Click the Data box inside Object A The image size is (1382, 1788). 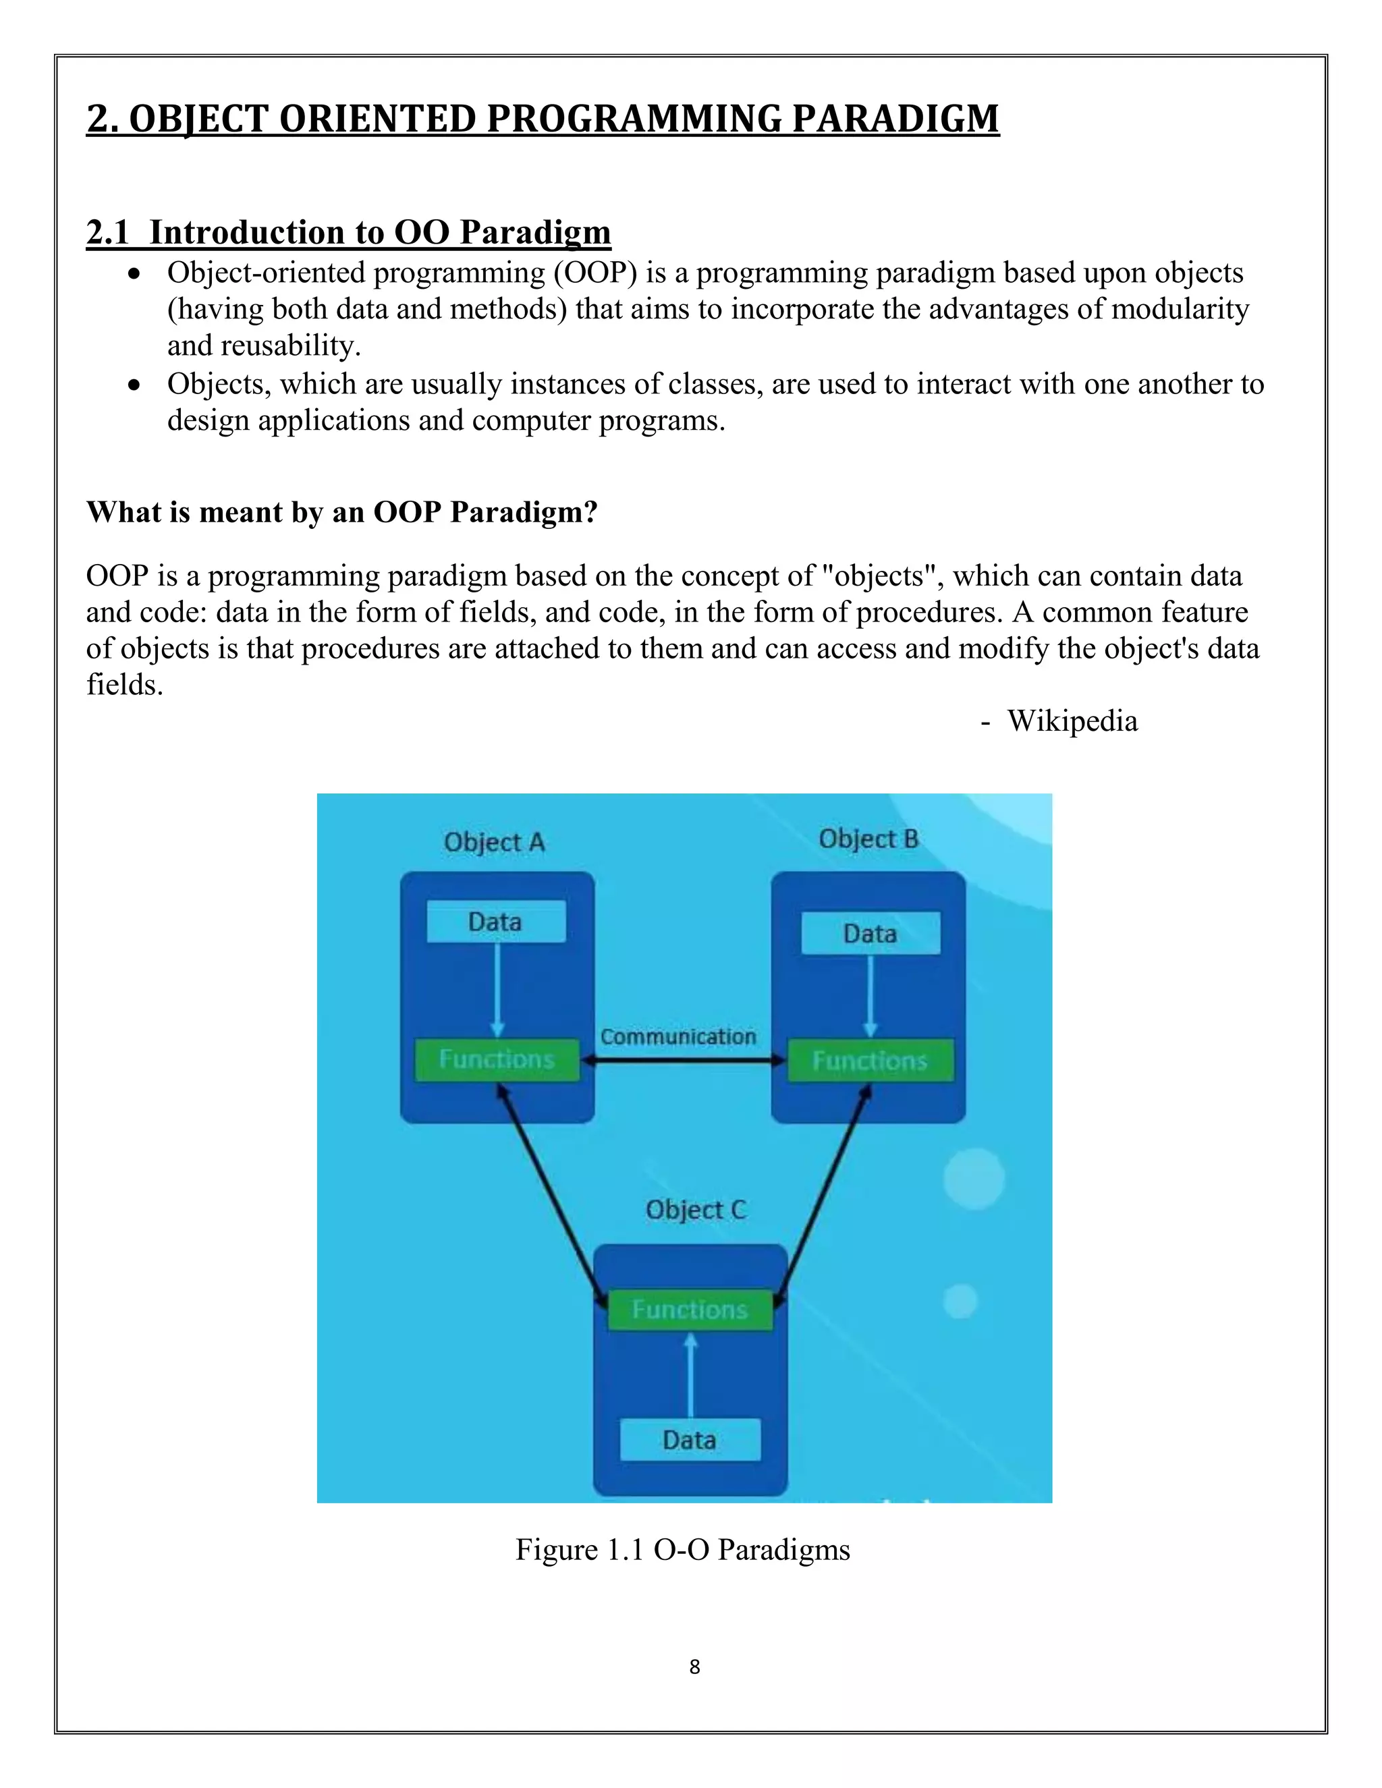coord(495,922)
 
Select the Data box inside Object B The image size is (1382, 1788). coord(870,933)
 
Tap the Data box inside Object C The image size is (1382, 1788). coord(690,1439)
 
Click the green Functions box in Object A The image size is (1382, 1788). coord(496,1059)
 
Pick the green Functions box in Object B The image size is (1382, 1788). coord(870,1061)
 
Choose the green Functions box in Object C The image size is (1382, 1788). coord(690,1309)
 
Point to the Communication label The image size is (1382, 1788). coord(678,1036)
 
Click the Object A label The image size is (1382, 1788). coord(494,843)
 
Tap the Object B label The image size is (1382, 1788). coord(868,839)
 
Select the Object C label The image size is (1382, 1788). coord(696,1210)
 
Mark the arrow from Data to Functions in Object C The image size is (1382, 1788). coord(690,1375)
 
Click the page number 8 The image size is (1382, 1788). coord(694,1667)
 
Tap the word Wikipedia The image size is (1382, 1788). coord(1072,721)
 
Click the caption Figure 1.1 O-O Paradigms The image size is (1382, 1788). coord(683,1550)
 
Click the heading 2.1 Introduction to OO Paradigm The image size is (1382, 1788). coord(349,233)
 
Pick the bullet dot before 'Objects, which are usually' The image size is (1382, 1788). coord(135,384)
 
